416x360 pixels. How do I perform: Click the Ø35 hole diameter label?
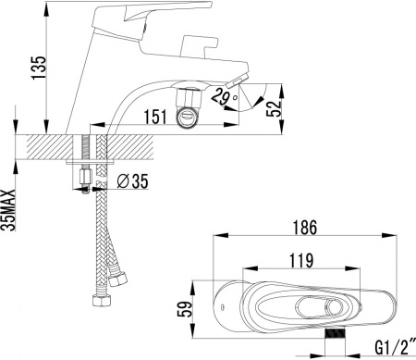(x=134, y=182)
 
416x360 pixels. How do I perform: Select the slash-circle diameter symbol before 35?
(x=123, y=182)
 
